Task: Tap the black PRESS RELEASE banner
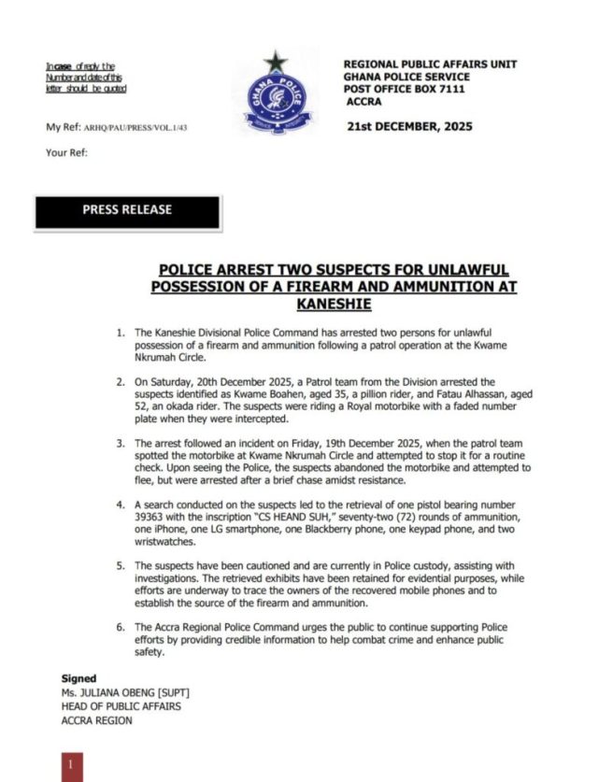pyautogui.click(x=127, y=211)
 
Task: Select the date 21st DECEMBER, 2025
pyautogui.click(x=409, y=126)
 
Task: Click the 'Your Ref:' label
pyautogui.click(x=66, y=152)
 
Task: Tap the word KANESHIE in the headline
pyautogui.click(x=334, y=305)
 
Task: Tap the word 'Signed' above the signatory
pyautogui.click(x=78, y=678)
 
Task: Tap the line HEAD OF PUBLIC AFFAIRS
pyautogui.click(x=117, y=706)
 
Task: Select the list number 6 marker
pyautogui.click(x=120, y=626)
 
